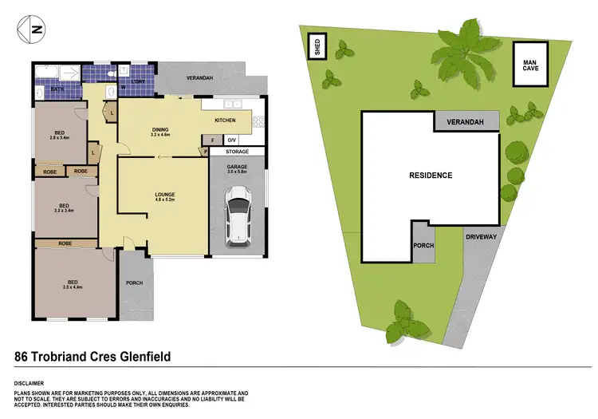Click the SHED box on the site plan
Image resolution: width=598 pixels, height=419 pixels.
317,47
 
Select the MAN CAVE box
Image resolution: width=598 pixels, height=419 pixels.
530,65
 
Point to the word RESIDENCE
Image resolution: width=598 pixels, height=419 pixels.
431,176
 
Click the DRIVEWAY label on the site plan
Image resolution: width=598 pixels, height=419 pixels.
481,237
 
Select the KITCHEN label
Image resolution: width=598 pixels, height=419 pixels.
225,120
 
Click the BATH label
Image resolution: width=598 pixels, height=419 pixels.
57,89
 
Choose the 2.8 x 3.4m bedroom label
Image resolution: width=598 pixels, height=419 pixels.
60,135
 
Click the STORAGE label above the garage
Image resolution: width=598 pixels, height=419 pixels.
237,152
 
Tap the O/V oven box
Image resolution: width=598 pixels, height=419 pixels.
232,140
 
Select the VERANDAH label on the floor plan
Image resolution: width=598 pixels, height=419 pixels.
198,78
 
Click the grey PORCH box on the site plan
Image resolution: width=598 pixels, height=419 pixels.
423,245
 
